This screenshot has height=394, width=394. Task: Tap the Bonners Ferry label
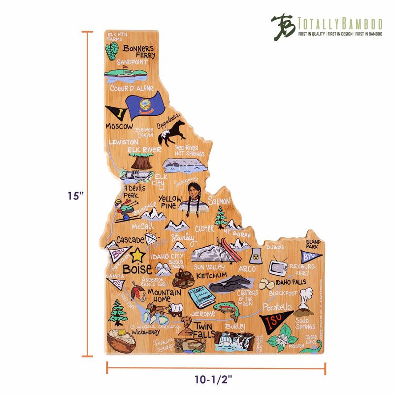pos(138,52)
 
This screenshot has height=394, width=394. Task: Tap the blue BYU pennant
pos(308,257)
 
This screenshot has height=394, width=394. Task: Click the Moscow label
pos(119,127)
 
